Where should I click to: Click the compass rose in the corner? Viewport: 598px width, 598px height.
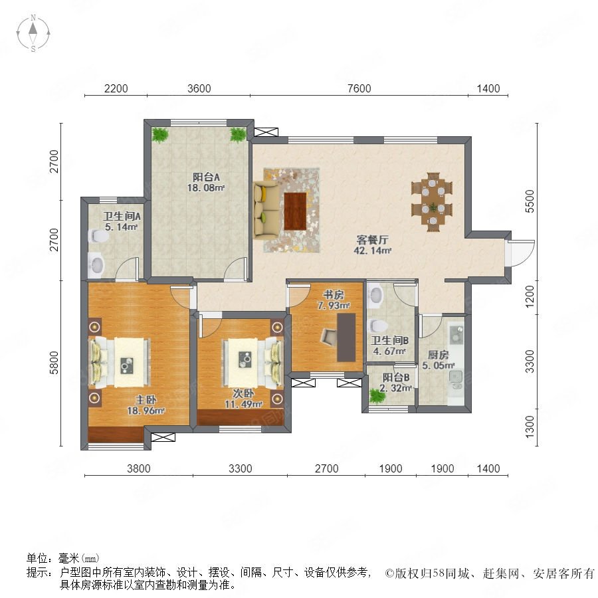[x=33, y=33]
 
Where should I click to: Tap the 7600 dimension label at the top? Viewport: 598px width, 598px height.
[x=359, y=88]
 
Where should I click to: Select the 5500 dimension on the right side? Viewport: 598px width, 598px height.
[x=530, y=201]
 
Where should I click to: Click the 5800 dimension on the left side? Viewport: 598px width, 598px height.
[x=54, y=363]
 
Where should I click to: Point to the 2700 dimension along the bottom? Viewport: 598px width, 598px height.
[x=326, y=468]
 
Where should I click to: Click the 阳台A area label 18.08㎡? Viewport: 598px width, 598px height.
[x=205, y=187]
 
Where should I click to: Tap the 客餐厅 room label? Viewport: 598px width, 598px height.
[x=372, y=240]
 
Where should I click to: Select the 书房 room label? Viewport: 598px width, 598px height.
[x=334, y=295]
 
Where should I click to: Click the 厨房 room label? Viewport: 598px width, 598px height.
[x=438, y=355]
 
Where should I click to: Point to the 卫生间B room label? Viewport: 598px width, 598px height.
[x=390, y=340]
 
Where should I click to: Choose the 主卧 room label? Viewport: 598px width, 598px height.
[x=146, y=400]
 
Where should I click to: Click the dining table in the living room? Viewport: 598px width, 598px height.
[x=432, y=202]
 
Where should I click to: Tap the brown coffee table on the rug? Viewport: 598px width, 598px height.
[x=295, y=211]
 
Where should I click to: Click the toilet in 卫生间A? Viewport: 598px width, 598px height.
[x=98, y=236]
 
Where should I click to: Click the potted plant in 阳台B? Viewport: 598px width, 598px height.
[x=377, y=397]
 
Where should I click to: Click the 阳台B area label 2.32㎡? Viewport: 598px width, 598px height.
[x=396, y=388]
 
